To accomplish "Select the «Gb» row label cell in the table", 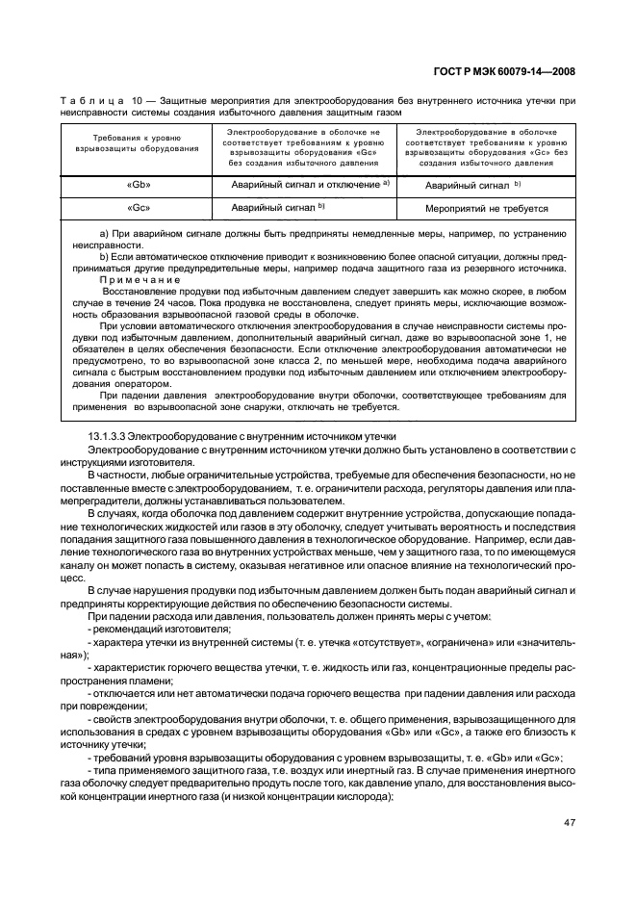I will click(138, 184).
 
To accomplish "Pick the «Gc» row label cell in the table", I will click(138, 207).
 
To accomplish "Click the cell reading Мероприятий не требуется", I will click(486, 208).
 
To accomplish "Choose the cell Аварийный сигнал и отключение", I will click(306, 184).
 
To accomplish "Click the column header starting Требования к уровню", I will click(138, 144).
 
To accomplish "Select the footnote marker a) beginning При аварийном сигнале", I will click(105, 234).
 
